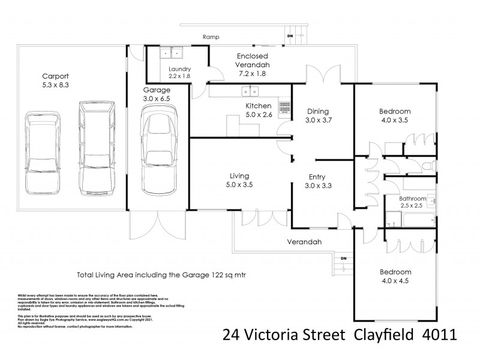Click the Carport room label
click(55, 76)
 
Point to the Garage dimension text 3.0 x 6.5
click(158, 98)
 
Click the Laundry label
click(179, 69)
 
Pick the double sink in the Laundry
click(172, 53)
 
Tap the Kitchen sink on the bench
click(250, 91)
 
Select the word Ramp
click(210, 37)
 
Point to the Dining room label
click(318, 111)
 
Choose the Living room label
click(239, 176)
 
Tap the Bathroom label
click(413, 199)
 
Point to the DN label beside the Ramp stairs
click(290, 36)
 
